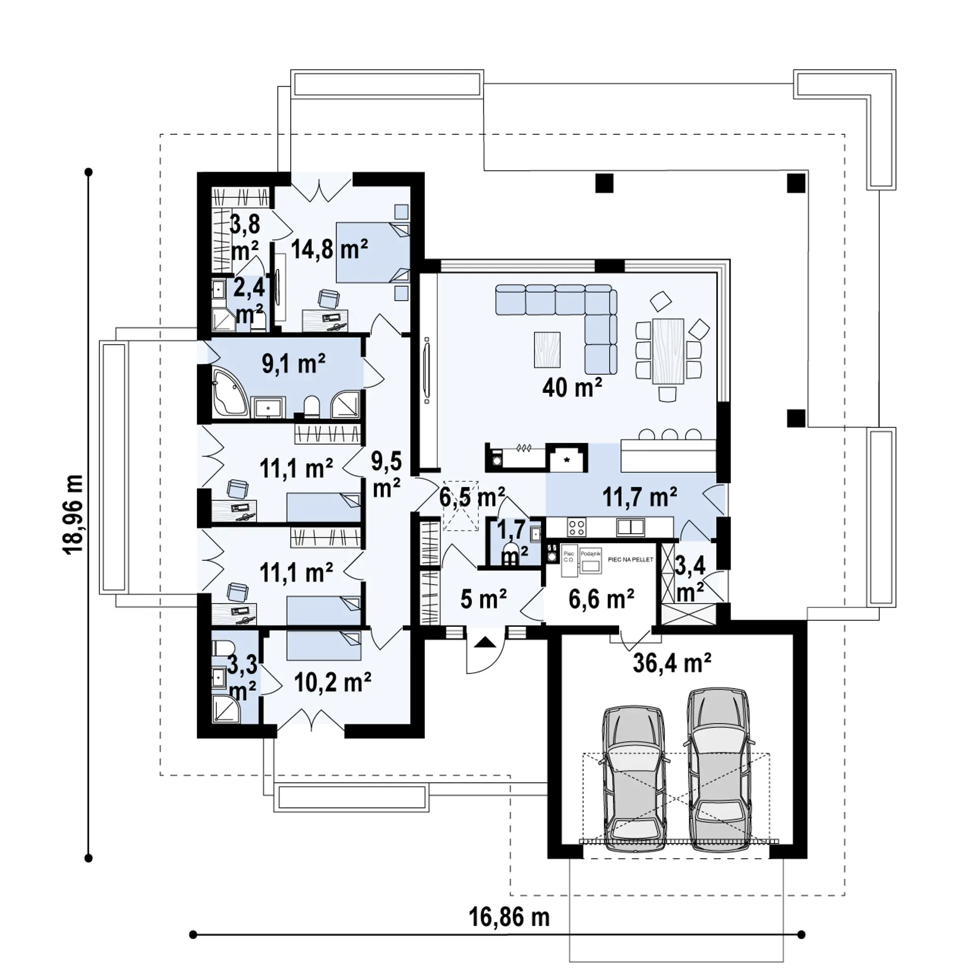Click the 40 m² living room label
[x=572, y=388]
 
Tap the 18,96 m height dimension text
[x=74, y=514]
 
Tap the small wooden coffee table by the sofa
[x=547, y=349]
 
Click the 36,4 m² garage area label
[x=672, y=663]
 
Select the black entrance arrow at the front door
[x=485, y=642]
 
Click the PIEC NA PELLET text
[x=630, y=559]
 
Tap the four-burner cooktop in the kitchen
[x=577, y=528]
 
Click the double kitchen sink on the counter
[x=630, y=528]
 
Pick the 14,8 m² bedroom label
[x=329, y=249]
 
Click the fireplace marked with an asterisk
[x=567, y=460]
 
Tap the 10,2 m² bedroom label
[x=333, y=682]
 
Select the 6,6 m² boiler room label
[x=601, y=599]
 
